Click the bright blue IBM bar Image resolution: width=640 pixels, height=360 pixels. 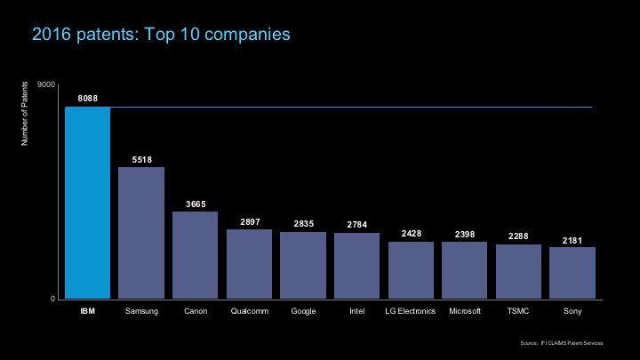pyautogui.click(x=87, y=203)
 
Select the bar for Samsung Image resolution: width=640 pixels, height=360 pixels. pyautogui.click(x=141, y=233)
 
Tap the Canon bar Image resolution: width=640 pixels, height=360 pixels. pyautogui.click(x=195, y=255)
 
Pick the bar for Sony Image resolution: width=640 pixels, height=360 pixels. pyautogui.click(x=572, y=273)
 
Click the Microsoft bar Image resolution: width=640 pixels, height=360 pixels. pyautogui.click(x=464, y=270)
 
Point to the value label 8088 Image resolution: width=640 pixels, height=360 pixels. pyautogui.click(x=88, y=97)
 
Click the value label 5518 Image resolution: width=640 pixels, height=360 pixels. pyautogui.click(x=141, y=159)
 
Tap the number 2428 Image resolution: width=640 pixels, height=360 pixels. pyautogui.click(x=411, y=233)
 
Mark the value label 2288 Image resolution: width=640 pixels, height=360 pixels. pyautogui.click(x=518, y=236)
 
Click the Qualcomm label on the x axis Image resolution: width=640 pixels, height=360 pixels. pyautogui.click(x=249, y=312)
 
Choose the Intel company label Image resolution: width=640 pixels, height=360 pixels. pyautogui.click(x=356, y=312)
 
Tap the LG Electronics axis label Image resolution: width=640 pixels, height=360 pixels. pyautogui.click(x=411, y=312)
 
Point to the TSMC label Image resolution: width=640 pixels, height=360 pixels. pyautogui.click(x=518, y=312)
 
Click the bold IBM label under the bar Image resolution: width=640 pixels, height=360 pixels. pyautogui.click(x=87, y=312)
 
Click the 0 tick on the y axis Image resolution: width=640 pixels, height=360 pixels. pyautogui.click(x=52, y=299)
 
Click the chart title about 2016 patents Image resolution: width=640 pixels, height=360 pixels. pyautogui.click(x=161, y=35)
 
